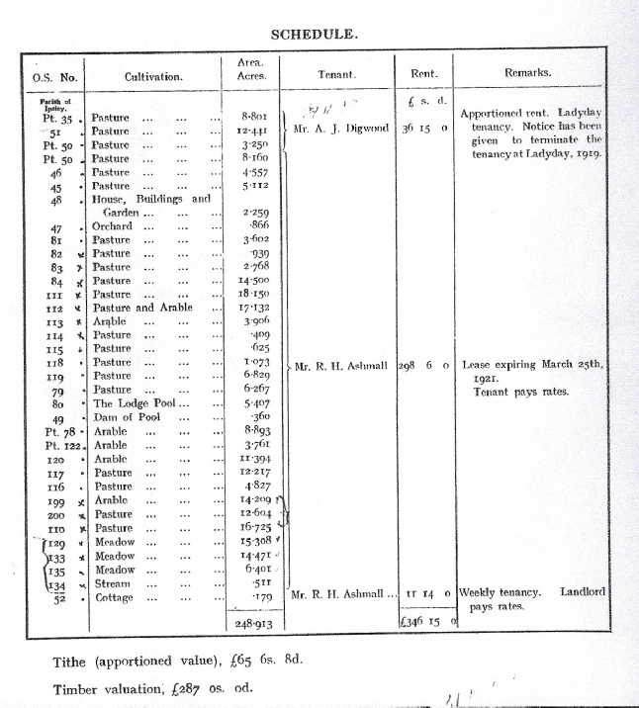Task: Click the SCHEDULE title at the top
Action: coord(315,34)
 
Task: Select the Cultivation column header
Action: coord(153,75)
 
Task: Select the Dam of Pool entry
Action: coord(126,417)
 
